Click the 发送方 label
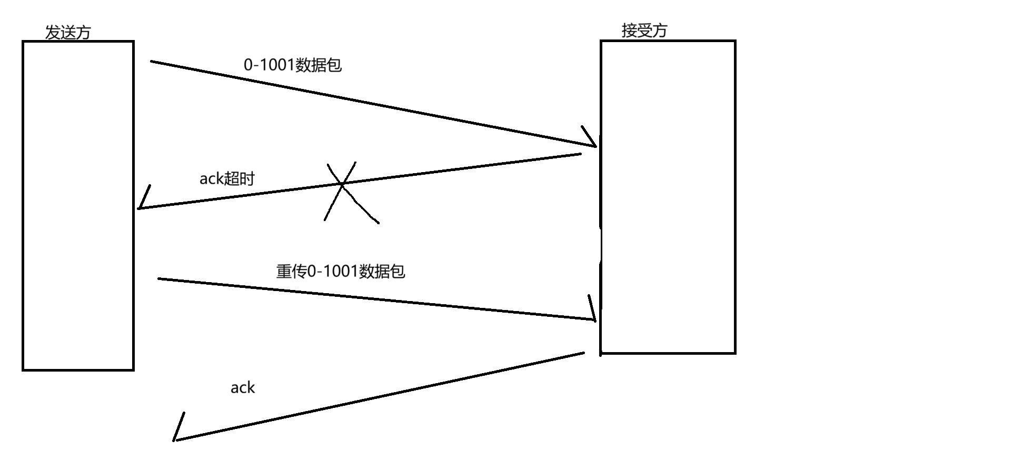68,33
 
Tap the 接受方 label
644,31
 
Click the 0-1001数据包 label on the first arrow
292,65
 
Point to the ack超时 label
226,179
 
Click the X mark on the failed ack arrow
343,184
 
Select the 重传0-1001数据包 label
340,272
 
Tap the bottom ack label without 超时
242,388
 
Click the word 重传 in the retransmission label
291,272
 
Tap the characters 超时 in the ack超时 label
240,179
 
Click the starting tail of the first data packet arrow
152,62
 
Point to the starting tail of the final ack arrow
583,353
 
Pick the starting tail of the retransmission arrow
159,278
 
